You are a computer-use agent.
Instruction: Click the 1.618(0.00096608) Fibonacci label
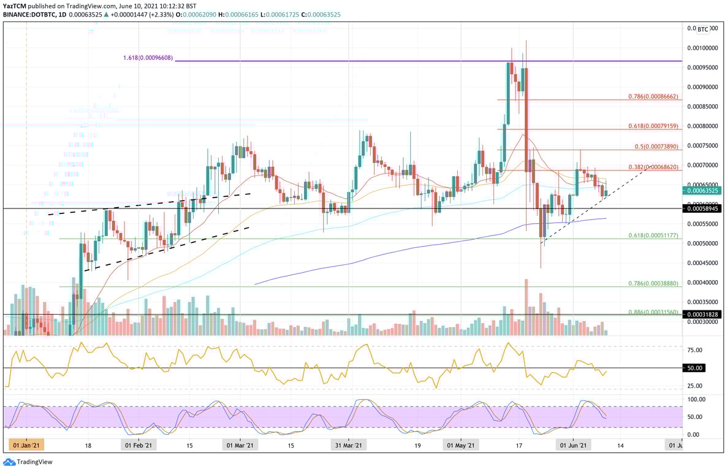pyautogui.click(x=147, y=58)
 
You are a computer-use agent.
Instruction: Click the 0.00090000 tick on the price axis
pyautogui.click(x=702, y=87)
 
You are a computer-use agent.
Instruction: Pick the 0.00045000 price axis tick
pyautogui.click(x=702, y=263)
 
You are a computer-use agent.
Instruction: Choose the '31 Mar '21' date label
pyautogui.click(x=348, y=446)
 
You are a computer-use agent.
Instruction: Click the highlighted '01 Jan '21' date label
pyautogui.click(x=26, y=446)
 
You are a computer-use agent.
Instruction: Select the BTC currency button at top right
pyautogui.click(x=703, y=29)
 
